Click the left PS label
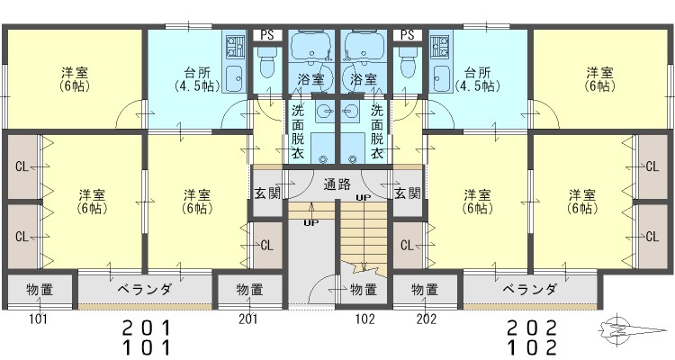tap(267, 35)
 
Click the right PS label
tap(407, 35)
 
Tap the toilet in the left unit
tap(267, 62)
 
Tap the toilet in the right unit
tap(407, 62)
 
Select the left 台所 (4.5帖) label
tap(197, 79)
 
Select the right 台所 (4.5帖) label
tap(477, 79)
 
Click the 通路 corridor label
tap(337, 184)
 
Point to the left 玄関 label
tap(267, 193)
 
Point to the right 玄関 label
tap(407, 193)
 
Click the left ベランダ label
tap(145, 289)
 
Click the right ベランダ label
tap(530, 289)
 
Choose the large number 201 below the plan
tap(147, 328)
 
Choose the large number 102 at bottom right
tap(532, 347)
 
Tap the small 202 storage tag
tap(427, 319)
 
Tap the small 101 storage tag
tap(39, 319)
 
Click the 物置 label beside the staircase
tap(364, 290)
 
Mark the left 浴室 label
tap(310, 79)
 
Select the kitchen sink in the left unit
tap(235, 79)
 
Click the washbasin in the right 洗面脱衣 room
tap(351, 112)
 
